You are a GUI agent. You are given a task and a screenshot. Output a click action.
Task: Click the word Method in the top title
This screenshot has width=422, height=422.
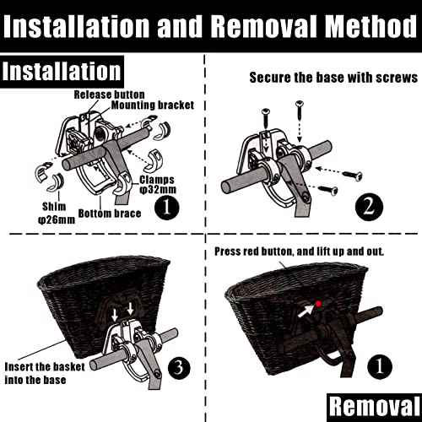[x=371, y=26]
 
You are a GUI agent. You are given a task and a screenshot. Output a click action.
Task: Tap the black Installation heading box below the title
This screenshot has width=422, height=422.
[x=62, y=72]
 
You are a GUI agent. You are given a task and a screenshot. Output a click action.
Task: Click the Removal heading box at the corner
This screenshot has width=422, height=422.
[x=375, y=407]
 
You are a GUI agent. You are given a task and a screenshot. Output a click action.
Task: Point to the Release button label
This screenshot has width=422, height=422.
[x=109, y=95]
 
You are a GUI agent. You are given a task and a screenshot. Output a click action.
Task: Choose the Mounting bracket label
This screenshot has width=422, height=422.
[x=153, y=105]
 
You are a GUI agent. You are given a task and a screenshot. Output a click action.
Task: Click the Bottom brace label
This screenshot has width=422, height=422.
[x=110, y=214]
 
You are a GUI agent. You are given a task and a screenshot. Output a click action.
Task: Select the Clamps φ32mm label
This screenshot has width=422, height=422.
[x=158, y=185]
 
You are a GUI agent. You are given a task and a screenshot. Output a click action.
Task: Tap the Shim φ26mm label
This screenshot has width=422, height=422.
[x=57, y=214]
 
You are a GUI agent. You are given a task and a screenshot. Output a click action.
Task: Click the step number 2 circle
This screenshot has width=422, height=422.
[x=369, y=207]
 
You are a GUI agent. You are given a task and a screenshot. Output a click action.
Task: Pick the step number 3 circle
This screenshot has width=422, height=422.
[x=179, y=368]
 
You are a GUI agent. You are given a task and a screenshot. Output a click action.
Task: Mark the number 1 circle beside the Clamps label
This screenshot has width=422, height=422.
[x=167, y=208]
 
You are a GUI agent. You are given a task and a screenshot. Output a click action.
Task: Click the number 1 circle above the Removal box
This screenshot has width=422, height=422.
[x=380, y=366]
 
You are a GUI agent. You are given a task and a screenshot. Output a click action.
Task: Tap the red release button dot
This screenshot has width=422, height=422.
[x=318, y=304]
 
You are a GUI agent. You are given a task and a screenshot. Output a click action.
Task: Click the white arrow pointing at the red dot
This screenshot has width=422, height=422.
[x=306, y=311]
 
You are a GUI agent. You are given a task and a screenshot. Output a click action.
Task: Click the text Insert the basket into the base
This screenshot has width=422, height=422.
[x=45, y=373]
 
